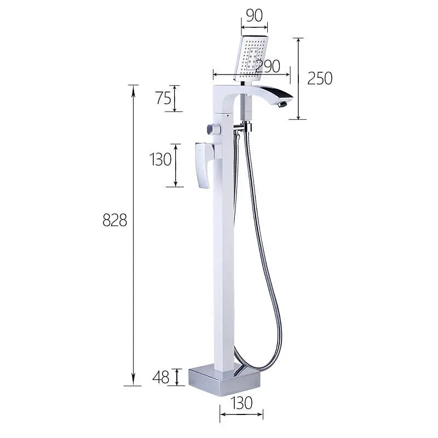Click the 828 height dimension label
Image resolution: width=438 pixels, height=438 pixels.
[115, 220]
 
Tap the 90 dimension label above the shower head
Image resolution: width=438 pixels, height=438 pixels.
[255, 15]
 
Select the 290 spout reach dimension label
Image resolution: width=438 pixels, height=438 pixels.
[268, 66]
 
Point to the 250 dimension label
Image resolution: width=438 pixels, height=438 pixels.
[320, 78]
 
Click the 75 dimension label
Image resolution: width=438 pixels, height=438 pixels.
[163, 98]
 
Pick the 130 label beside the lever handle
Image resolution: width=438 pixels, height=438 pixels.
[160, 159]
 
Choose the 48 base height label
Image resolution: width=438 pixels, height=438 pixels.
[161, 377]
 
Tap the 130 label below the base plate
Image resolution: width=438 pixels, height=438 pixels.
[241, 403]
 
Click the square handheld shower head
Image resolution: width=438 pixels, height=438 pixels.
[251, 57]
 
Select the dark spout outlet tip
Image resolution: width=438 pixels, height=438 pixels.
[283, 105]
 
